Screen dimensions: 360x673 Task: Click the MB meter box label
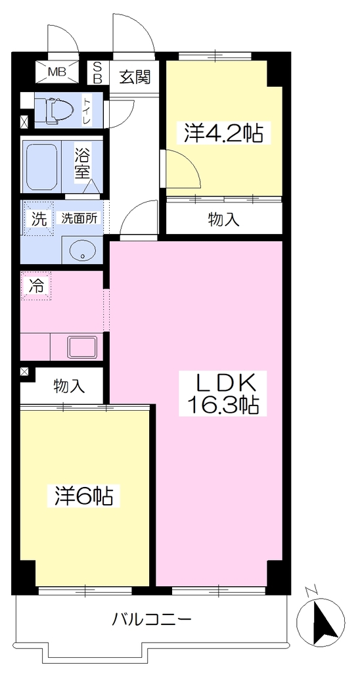tap(57, 71)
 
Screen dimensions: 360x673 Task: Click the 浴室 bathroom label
tap(82, 164)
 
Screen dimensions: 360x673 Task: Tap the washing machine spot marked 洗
tap(39, 219)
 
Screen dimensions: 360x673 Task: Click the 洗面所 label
tap(79, 218)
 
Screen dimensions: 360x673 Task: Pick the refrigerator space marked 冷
tap(35, 285)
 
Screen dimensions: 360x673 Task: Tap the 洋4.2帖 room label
tap(224, 133)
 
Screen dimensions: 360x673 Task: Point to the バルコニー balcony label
tap(151, 619)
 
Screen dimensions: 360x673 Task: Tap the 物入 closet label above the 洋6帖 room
tap(70, 386)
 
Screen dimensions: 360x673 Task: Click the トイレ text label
tap(87, 110)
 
